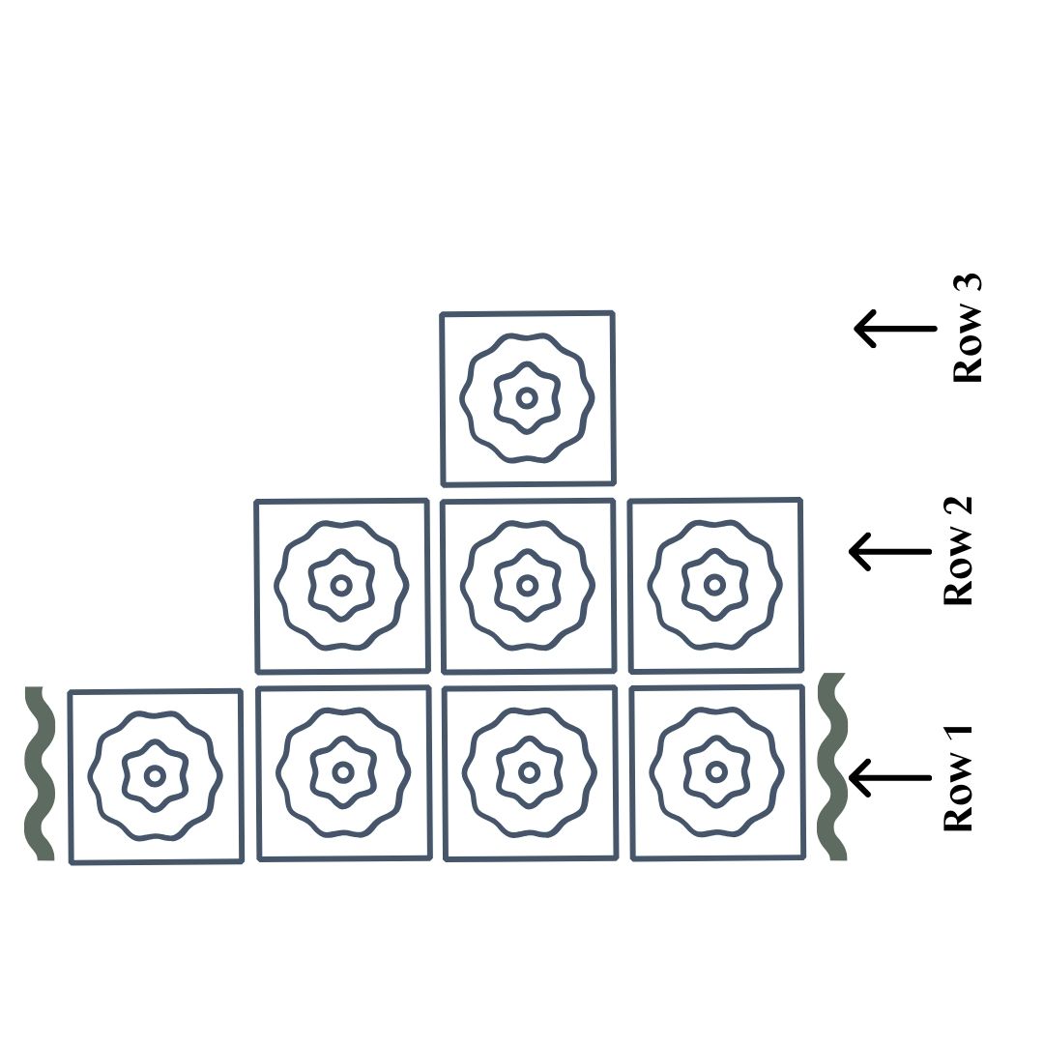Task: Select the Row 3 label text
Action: point(968,330)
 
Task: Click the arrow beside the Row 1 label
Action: point(890,776)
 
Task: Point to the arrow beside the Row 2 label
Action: point(890,551)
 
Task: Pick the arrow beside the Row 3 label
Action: point(894,329)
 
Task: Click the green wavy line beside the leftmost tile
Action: point(40,773)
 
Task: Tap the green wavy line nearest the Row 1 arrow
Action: point(832,766)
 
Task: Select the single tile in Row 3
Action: point(528,398)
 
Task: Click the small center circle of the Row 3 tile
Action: point(527,397)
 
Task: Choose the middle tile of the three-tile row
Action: point(528,586)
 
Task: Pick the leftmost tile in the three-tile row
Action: point(341,586)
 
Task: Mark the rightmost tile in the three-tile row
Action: point(715,585)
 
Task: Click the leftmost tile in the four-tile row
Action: point(156,776)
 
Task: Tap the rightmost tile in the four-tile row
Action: point(717,772)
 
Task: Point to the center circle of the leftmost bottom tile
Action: point(155,775)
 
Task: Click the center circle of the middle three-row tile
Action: point(527,585)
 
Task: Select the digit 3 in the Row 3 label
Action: point(968,287)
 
